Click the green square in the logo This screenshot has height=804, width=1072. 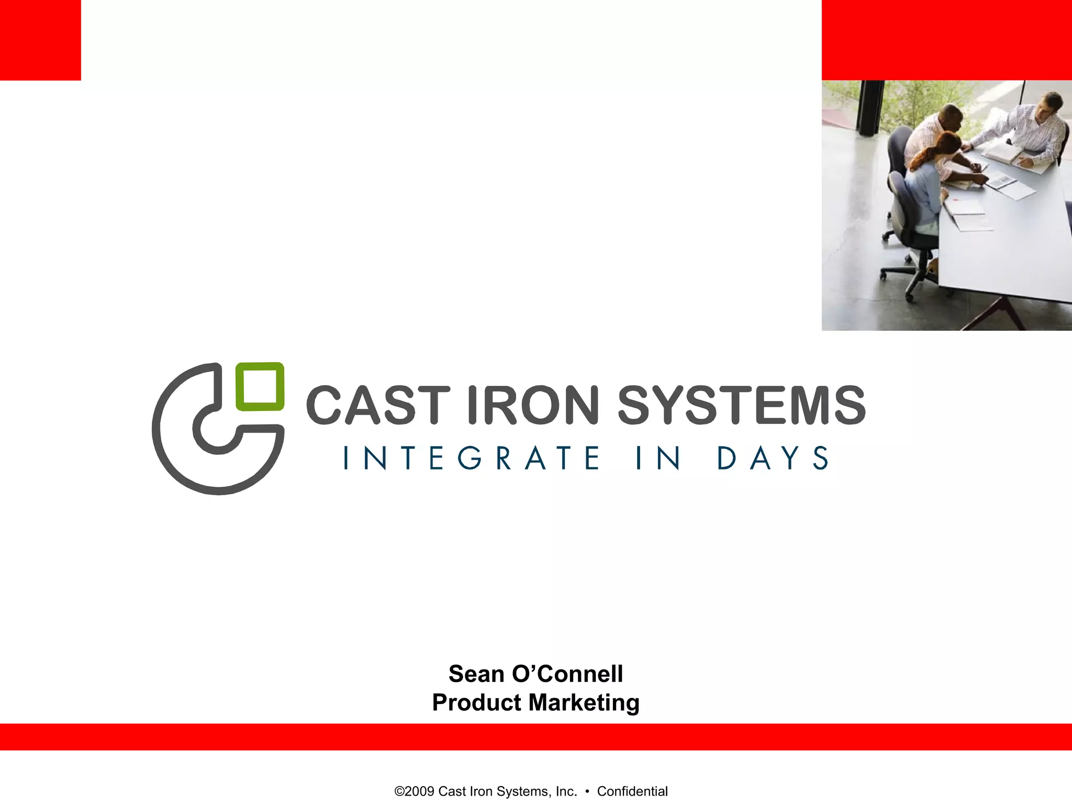tap(260, 386)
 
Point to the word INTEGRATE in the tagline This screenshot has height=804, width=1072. tap(471, 458)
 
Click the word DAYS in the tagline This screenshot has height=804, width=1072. tap(773, 458)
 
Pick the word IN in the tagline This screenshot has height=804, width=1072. tap(658, 458)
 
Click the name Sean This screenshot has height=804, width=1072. tap(476, 674)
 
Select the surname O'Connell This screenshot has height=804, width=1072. tap(567, 674)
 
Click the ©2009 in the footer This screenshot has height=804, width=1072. tap(415, 791)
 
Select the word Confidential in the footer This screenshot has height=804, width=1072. tap(632, 791)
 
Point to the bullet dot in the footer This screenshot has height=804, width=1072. tap(587, 791)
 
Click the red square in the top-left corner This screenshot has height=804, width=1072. tap(40, 40)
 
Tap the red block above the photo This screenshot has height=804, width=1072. tap(946, 40)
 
